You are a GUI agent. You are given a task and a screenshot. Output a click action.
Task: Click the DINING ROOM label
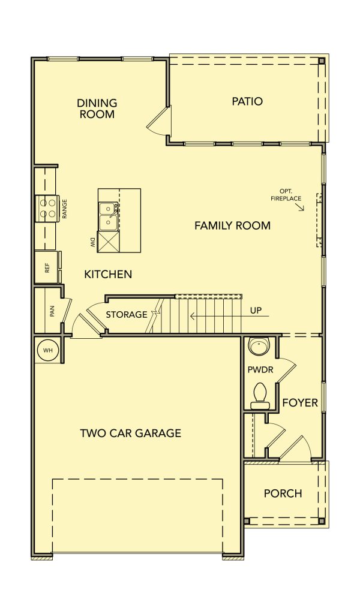pyautogui.click(x=97, y=109)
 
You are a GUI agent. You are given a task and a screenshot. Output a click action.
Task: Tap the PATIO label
pyautogui.click(x=247, y=101)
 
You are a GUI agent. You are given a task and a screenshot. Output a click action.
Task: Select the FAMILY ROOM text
pyautogui.click(x=232, y=225)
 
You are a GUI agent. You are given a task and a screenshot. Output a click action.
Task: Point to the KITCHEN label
pyautogui.click(x=108, y=274)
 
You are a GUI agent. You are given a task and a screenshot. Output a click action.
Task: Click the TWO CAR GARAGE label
pyautogui.click(x=130, y=433)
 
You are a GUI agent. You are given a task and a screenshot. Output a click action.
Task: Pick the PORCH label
pyautogui.click(x=283, y=493)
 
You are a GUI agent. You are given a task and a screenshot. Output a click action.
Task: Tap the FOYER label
pyautogui.click(x=300, y=402)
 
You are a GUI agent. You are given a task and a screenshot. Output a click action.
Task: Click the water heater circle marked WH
pyautogui.click(x=48, y=350)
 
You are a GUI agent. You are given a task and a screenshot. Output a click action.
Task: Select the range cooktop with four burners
pyautogui.click(x=46, y=208)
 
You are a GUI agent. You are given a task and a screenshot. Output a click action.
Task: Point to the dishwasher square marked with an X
pyautogui.click(x=108, y=242)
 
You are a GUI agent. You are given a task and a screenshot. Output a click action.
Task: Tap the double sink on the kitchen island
pyautogui.click(x=108, y=216)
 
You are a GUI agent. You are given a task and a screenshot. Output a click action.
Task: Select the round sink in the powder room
pyautogui.click(x=259, y=346)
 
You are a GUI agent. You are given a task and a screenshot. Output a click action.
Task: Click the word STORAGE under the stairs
pyautogui.click(x=127, y=314)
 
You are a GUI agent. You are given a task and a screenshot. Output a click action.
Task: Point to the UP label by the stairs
pyautogui.click(x=256, y=311)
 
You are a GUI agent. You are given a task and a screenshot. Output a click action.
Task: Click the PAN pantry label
pyautogui.click(x=52, y=311)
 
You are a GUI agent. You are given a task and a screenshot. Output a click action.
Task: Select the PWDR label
pyautogui.click(x=260, y=369)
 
